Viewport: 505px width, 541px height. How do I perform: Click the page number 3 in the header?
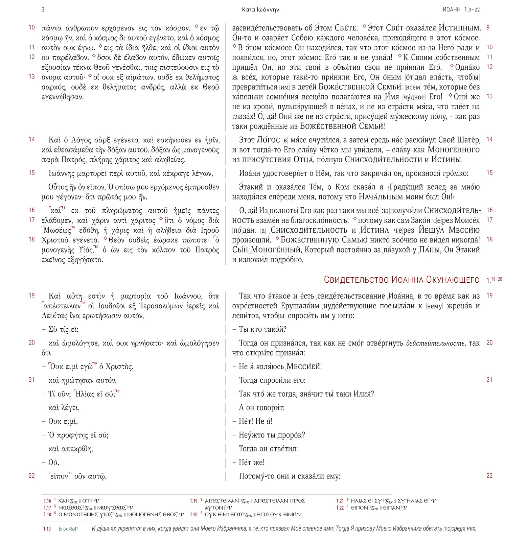tap(43, 10)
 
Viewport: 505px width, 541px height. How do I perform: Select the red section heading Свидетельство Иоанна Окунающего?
tap(401, 280)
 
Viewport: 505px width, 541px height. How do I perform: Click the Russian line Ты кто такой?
tap(262, 329)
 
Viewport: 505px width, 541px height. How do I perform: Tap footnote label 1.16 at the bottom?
tap(47, 501)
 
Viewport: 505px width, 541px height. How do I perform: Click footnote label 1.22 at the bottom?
tap(340, 508)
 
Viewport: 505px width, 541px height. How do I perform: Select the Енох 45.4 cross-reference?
tap(68, 529)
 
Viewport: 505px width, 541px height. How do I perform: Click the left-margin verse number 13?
tap(31, 76)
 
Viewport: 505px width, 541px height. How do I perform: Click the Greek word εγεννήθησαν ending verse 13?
tap(62, 97)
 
